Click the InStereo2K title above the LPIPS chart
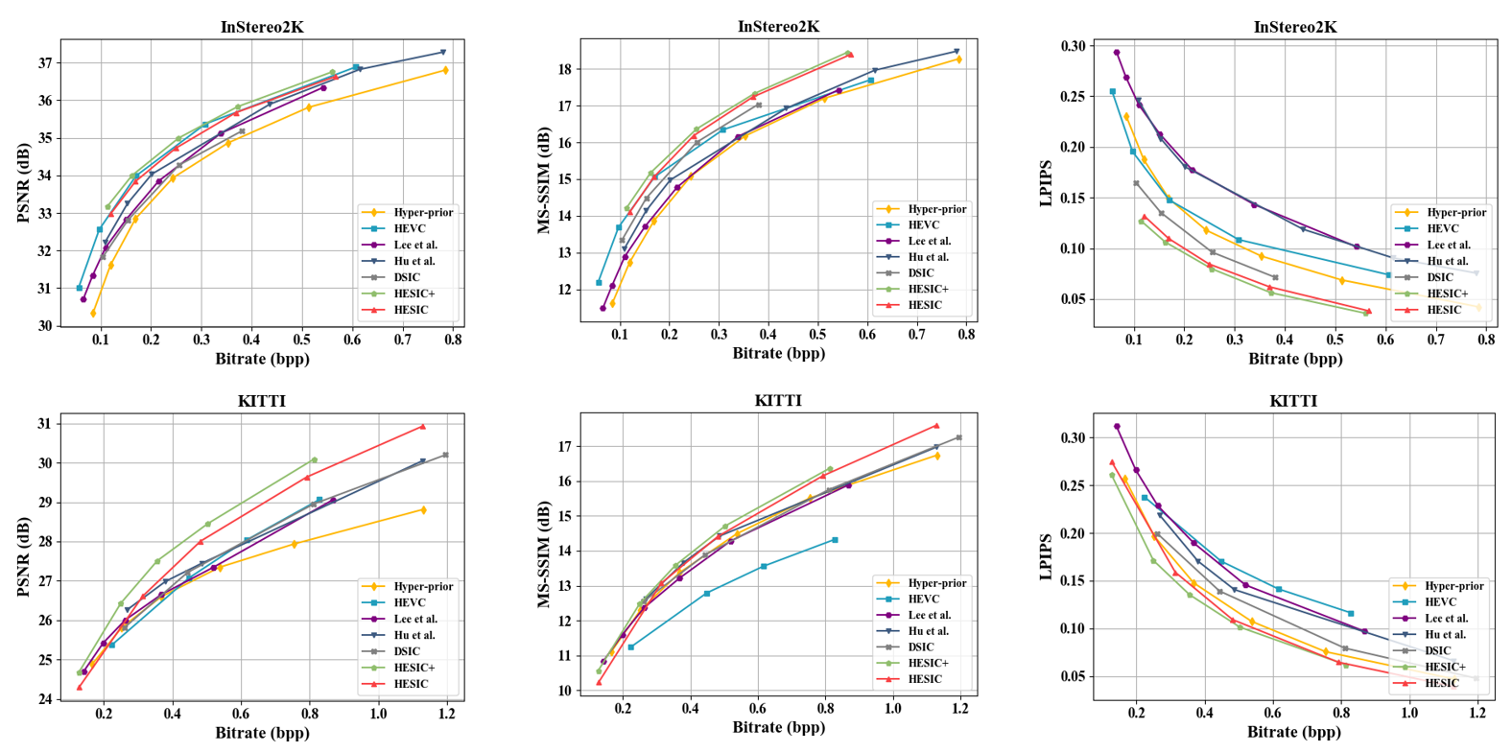click(x=1294, y=27)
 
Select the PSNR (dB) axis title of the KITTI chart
click(x=23, y=557)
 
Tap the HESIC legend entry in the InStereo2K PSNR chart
click(x=411, y=310)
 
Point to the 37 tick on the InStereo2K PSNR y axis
click(x=44, y=63)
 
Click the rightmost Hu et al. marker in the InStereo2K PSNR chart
click(x=442, y=52)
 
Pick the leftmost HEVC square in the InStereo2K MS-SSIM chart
click(x=599, y=283)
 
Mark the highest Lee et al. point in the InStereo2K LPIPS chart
click(x=1116, y=53)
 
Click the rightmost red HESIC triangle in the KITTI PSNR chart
click(x=422, y=427)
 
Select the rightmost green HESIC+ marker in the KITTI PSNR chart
click(x=314, y=460)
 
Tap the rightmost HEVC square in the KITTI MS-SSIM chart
click(x=835, y=540)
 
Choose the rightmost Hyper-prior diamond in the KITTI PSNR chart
click(x=423, y=510)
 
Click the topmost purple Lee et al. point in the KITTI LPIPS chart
click(x=1117, y=426)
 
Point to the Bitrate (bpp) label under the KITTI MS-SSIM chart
click(x=778, y=727)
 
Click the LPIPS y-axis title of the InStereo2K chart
click(x=1048, y=182)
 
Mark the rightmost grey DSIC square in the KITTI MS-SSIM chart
click(x=958, y=437)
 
